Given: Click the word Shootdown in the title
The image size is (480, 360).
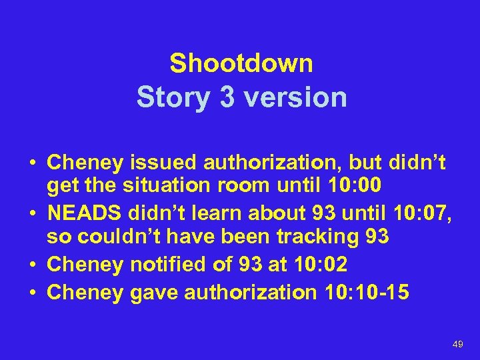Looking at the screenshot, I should point(241,64).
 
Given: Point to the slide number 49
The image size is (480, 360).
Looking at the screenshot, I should point(457,344).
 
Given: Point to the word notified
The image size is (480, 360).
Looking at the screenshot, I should point(165,265).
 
